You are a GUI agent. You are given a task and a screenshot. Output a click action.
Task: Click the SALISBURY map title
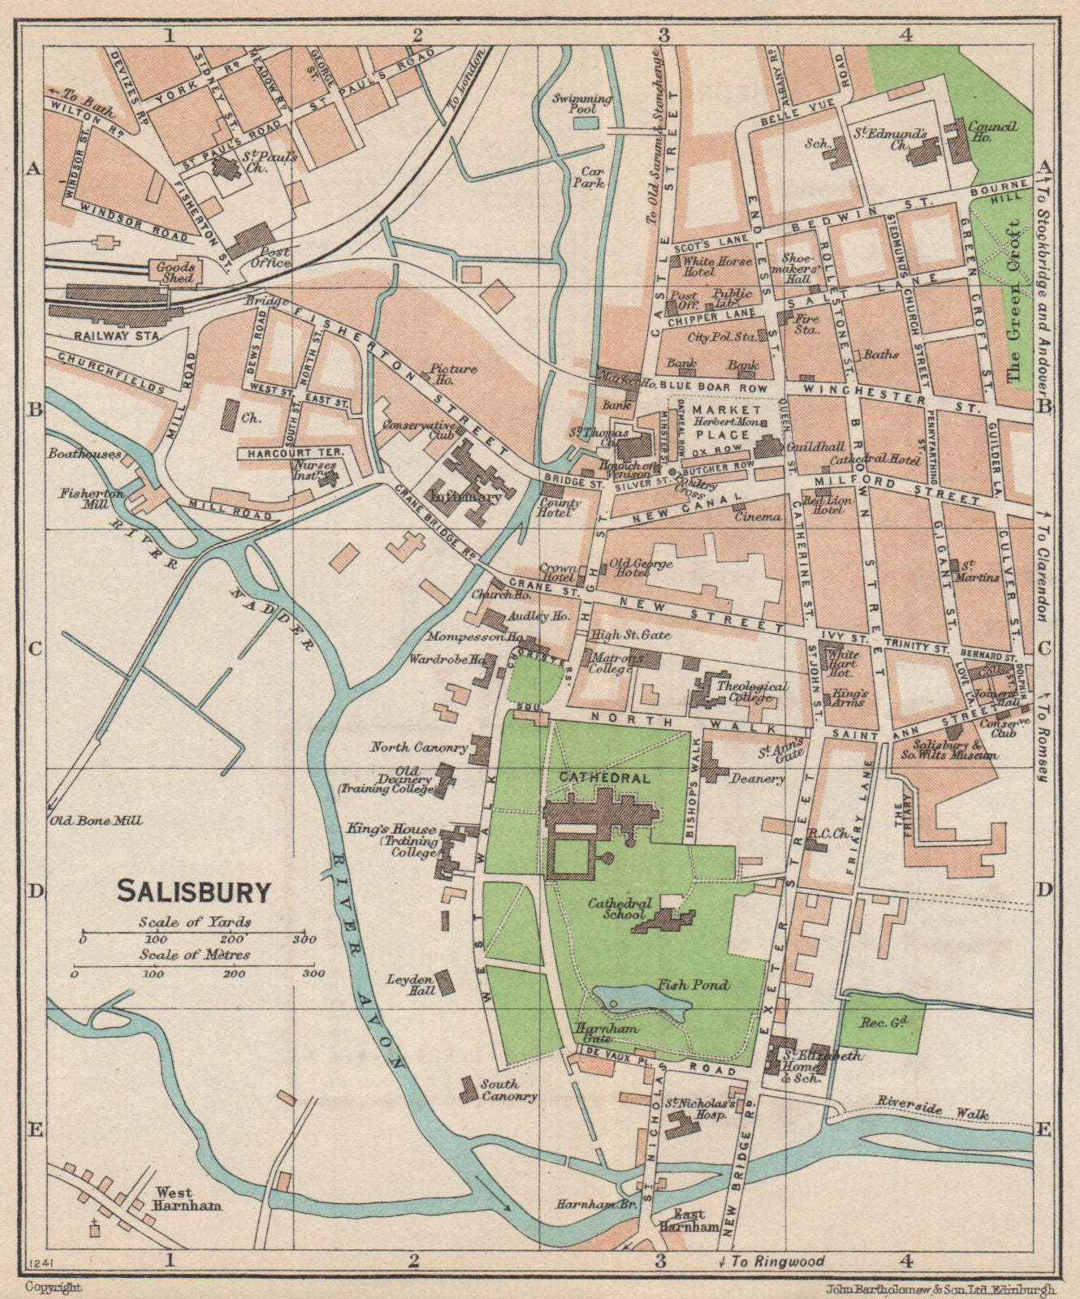tap(195, 891)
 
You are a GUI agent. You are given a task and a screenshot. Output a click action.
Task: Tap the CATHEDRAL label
tap(603, 777)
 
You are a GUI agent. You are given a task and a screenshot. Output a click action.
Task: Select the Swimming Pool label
tap(581, 103)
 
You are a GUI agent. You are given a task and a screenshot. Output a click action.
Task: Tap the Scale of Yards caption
tap(194, 921)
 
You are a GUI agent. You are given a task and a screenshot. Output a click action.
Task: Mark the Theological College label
tap(752, 692)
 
